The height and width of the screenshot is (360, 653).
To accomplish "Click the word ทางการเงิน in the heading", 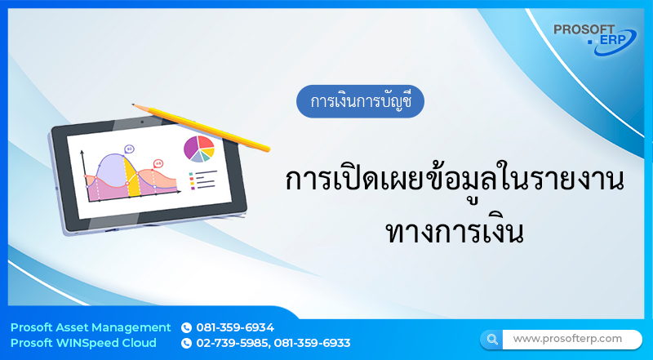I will pyautogui.click(x=453, y=225).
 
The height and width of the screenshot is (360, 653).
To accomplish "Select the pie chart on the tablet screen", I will pyautogui.click(x=198, y=149).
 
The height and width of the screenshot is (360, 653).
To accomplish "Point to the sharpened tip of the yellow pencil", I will pyautogui.click(x=134, y=105).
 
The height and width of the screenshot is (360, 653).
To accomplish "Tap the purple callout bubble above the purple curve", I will pyautogui.click(x=129, y=149).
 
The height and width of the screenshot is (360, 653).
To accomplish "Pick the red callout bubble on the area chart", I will pyautogui.click(x=158, y=163).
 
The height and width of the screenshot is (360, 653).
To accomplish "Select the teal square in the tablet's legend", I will pyautogui.click(x=191, y=174).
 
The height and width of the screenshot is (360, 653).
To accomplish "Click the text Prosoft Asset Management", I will pyautogui.click(x=91, y=327).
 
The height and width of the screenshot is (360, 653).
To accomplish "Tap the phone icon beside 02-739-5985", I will pyautogui.click(x=186, y=343).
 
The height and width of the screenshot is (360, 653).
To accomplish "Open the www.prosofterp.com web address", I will pyautogui.click(x=567, y=338).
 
